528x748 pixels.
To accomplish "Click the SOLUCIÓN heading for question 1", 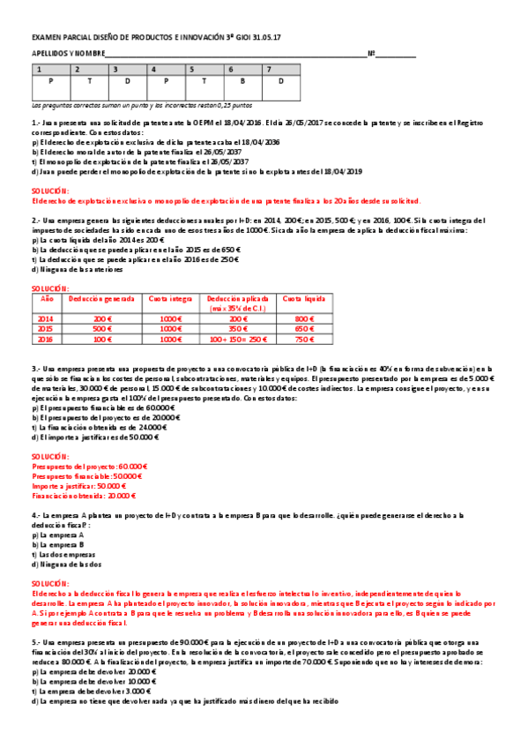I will pyautogui.click(x=47, y=191).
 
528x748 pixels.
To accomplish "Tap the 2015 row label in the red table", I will pyautogui.click(x=47, y=328).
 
